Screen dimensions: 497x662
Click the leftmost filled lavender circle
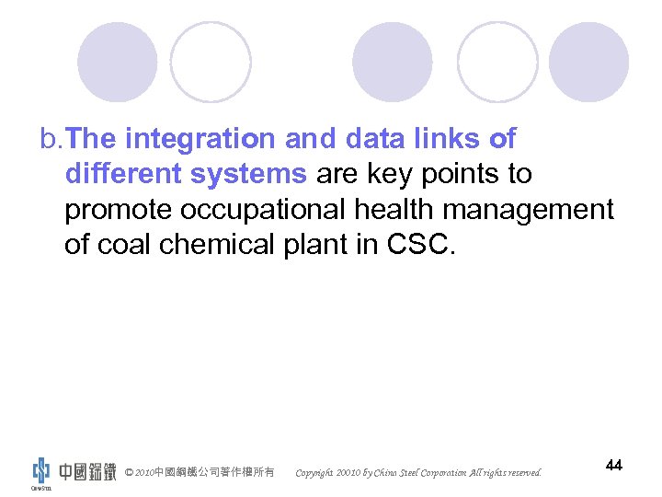tap(117, 62)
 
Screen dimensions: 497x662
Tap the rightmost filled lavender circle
tap(588, 62)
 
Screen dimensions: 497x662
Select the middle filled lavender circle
tap(393, 62)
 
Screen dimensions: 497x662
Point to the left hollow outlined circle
tap(211, 62)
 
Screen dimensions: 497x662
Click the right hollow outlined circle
tap(497, 62)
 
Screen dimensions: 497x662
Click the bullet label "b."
tap(51, 140)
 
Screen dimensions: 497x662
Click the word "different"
tap(123, 174)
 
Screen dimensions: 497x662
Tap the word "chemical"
tap(221, 244)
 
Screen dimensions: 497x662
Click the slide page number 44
tap(614, 466)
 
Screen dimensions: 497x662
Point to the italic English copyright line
tap(418, 473)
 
